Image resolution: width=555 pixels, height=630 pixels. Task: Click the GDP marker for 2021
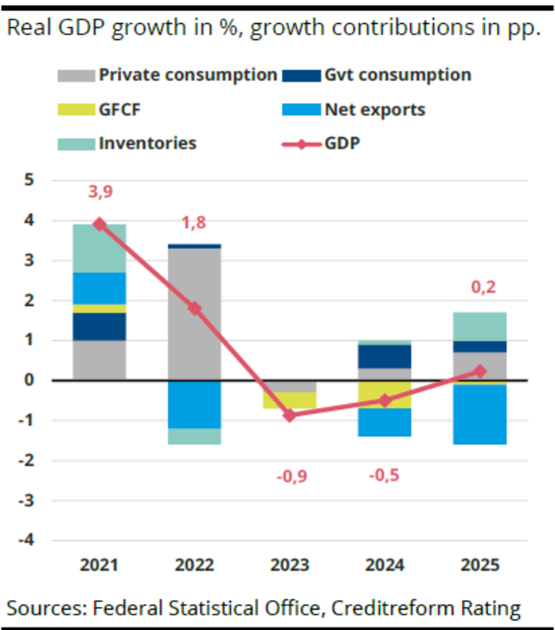tap(99, 224)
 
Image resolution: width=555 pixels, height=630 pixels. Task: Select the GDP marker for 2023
tap(290, 416)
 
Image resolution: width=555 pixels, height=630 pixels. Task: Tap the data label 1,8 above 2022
tap(195, 223)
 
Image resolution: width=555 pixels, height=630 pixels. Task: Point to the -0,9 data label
tap(290, 477)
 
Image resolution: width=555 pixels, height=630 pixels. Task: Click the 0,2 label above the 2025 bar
tap(479, 288)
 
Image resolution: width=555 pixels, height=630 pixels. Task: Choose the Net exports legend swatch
tap(300, 110)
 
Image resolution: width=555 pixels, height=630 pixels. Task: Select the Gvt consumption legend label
tap(398, 75)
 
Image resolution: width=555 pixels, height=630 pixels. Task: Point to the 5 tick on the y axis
tap(29, 180)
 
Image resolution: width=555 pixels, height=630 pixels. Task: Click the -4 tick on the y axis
tap(25, 540)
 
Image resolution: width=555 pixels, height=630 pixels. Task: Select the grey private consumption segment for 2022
tap(195, 314)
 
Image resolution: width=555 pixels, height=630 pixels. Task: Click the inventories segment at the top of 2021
tap(99, 248)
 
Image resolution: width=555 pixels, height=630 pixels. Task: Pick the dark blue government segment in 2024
tap(384, 356)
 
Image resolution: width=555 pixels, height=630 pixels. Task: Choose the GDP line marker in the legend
tap(300, 143)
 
